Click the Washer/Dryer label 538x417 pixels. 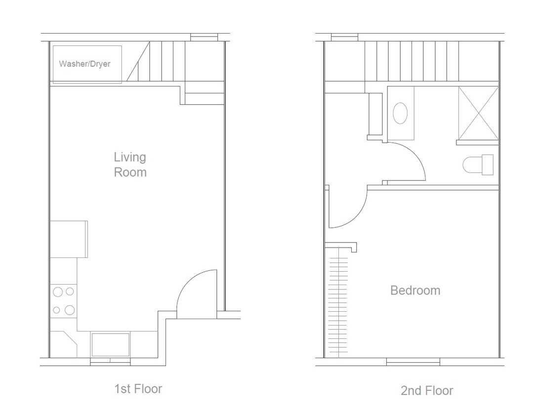pos(84,64)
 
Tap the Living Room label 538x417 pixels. pos(130,165)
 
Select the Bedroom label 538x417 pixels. pos(415,290)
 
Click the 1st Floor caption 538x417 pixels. pos(138,389)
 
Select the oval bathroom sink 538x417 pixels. pos(401,113)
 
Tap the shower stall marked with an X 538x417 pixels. pos(478,113)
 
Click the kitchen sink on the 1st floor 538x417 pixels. pos(110,344)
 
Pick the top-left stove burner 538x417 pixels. pos(58,292)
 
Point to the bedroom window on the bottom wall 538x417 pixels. pos(413,363)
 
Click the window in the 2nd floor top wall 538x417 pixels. pos(344,36)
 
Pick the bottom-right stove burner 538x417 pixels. pos(70,310)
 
